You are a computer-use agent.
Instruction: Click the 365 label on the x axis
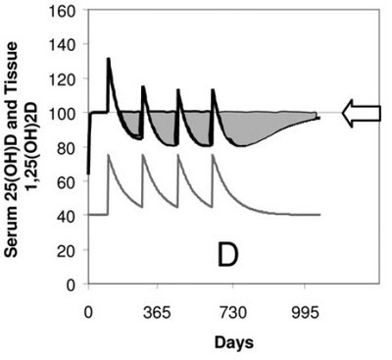[x=158, y=313]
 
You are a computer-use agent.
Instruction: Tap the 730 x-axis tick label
[x=232, y=313]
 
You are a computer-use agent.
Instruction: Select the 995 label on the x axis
[x=305, y=313]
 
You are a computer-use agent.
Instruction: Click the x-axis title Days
[x=234, y=343]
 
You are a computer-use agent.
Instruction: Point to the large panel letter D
[x=227, y=256]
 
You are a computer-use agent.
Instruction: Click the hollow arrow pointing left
[x=362, y=113]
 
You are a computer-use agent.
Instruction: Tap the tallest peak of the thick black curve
[x=109, y=59]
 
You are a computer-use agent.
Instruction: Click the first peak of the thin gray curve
[x=109, y=154]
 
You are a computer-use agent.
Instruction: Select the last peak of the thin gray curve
[x=213, y=154]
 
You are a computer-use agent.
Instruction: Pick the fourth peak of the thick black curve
[x=213, y=89]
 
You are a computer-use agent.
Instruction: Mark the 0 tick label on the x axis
[x=88, y=313]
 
